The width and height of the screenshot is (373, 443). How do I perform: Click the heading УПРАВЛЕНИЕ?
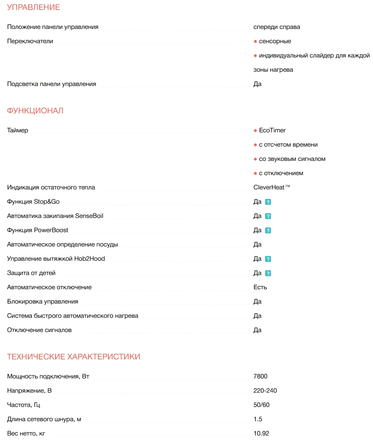pyautogui.click(x=33, y=8)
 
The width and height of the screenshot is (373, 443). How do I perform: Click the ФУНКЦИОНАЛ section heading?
pyautogui.click(x=35, y=111)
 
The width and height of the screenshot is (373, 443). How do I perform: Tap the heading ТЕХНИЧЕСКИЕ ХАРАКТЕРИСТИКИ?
pyautogui.click(x=73, y=357)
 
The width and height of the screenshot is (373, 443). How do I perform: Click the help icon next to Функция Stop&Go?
pyautogui.click(x=268, y=202)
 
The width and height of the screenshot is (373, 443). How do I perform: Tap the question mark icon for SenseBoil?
pyautogui.click(x=268, y=216)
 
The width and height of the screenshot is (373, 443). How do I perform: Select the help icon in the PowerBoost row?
pyautogui.click(x=268, y=231)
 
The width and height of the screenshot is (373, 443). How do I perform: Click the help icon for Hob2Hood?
pyautogui.click(x=268, y=259)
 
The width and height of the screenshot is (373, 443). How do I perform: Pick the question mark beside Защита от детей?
pyautogui.click(x=268, y=273)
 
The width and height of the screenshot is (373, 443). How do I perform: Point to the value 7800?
pyautogui.click(x=261, y=376)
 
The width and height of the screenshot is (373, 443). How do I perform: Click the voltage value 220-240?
pyautogui.click(x=265, y=391)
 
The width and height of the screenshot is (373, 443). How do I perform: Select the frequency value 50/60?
pyautogui.click(x=261, y=405)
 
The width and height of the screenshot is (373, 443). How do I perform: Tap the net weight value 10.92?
pyautogui.click(x=261, y=433)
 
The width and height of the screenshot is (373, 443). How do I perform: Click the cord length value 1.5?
pyautogui.click(x=258, y=419)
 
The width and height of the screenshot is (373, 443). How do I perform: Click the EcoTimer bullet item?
pyautogui.click(x=272, y=130)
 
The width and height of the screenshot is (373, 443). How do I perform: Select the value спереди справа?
pyautogui.click(x=277, y=27)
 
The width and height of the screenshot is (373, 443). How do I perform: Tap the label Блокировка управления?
pyautogui.click(x=42, y=302)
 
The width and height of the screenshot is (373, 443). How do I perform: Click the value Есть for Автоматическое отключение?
pyautogui.click(x=260, y=287)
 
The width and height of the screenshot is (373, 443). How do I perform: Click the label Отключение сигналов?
pyautogui.click(x=39, y=330)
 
